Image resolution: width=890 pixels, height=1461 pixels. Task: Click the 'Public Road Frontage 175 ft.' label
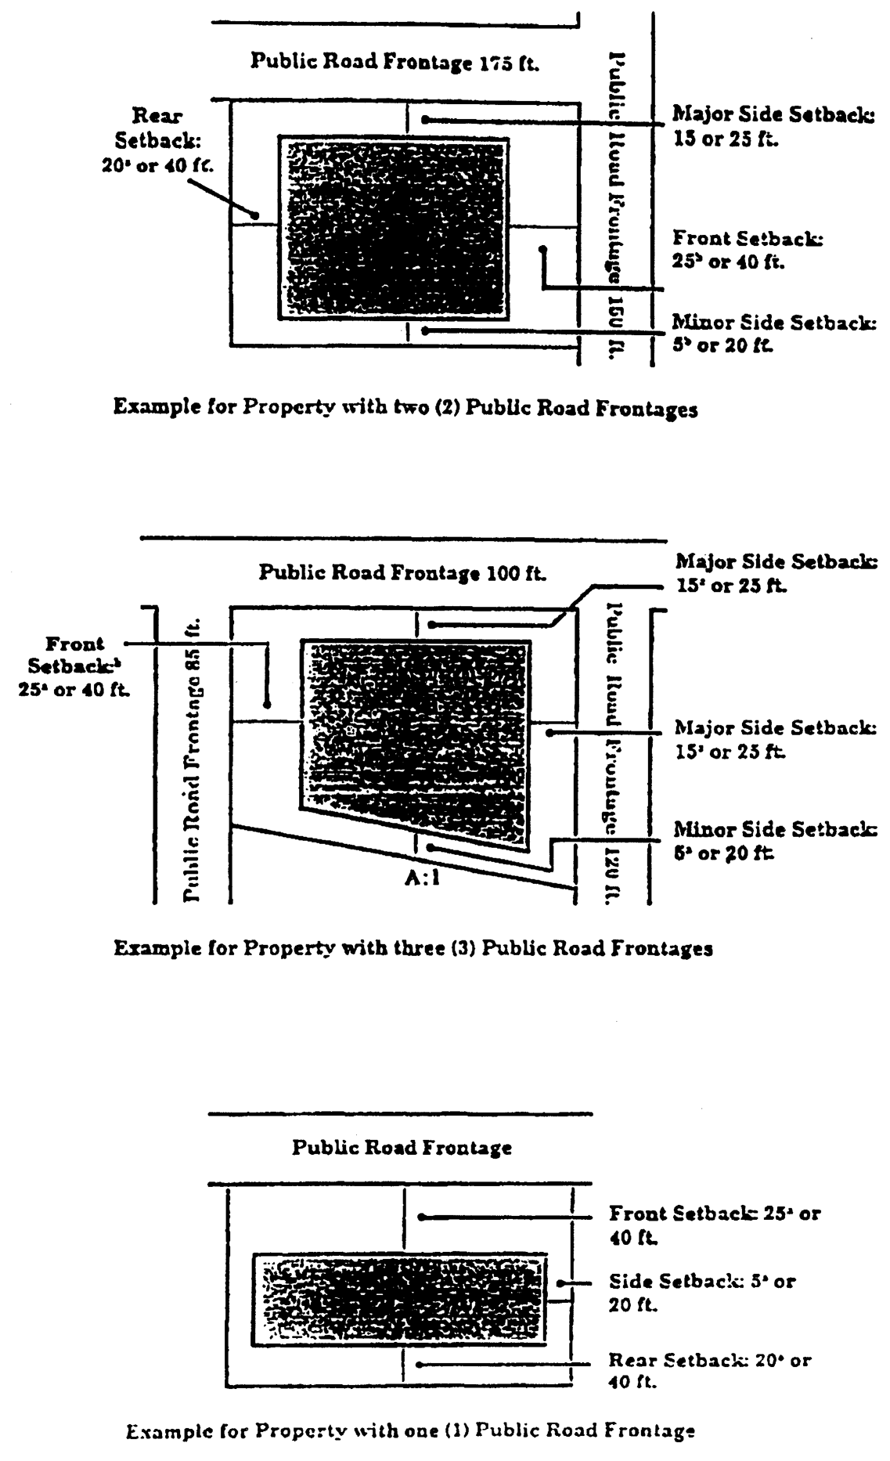395,62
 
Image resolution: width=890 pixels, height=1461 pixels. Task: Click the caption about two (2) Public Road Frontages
405,408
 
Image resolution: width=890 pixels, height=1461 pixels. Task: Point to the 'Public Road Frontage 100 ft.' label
402,572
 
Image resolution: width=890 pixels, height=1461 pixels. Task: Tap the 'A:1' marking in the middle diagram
422,878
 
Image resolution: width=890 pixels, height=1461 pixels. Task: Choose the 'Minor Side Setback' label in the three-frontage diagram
775,840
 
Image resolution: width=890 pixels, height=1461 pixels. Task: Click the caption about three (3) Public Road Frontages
413,948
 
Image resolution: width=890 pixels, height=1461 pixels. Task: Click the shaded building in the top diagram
394,228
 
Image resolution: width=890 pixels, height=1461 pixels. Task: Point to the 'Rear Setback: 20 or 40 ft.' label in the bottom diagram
709,1369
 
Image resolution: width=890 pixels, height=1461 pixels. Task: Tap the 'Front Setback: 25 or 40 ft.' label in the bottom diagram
714,1225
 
